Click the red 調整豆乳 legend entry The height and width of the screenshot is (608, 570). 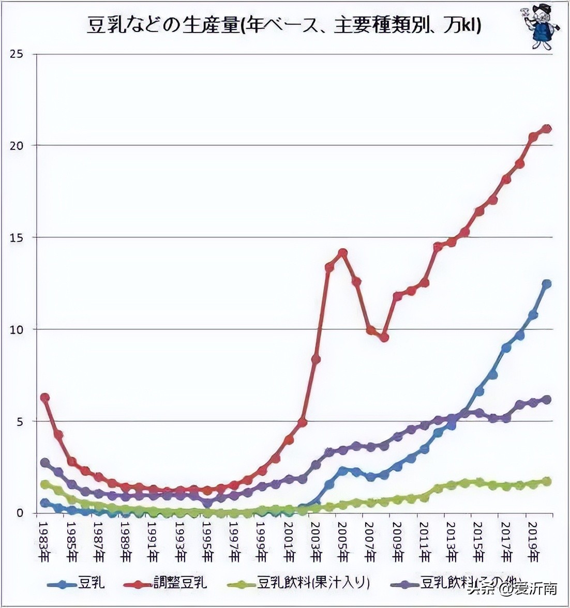[166, 584]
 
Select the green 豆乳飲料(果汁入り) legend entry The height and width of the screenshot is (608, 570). [299, 584]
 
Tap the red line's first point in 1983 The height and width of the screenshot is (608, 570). [45, 398]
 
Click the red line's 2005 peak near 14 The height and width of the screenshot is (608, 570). [342, 253]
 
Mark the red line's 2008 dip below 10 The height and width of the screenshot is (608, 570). [384, 338]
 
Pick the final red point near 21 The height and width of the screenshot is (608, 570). [547, 129]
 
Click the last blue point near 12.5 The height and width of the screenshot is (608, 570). [547, 284]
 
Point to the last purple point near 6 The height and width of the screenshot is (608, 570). [547, 399]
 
